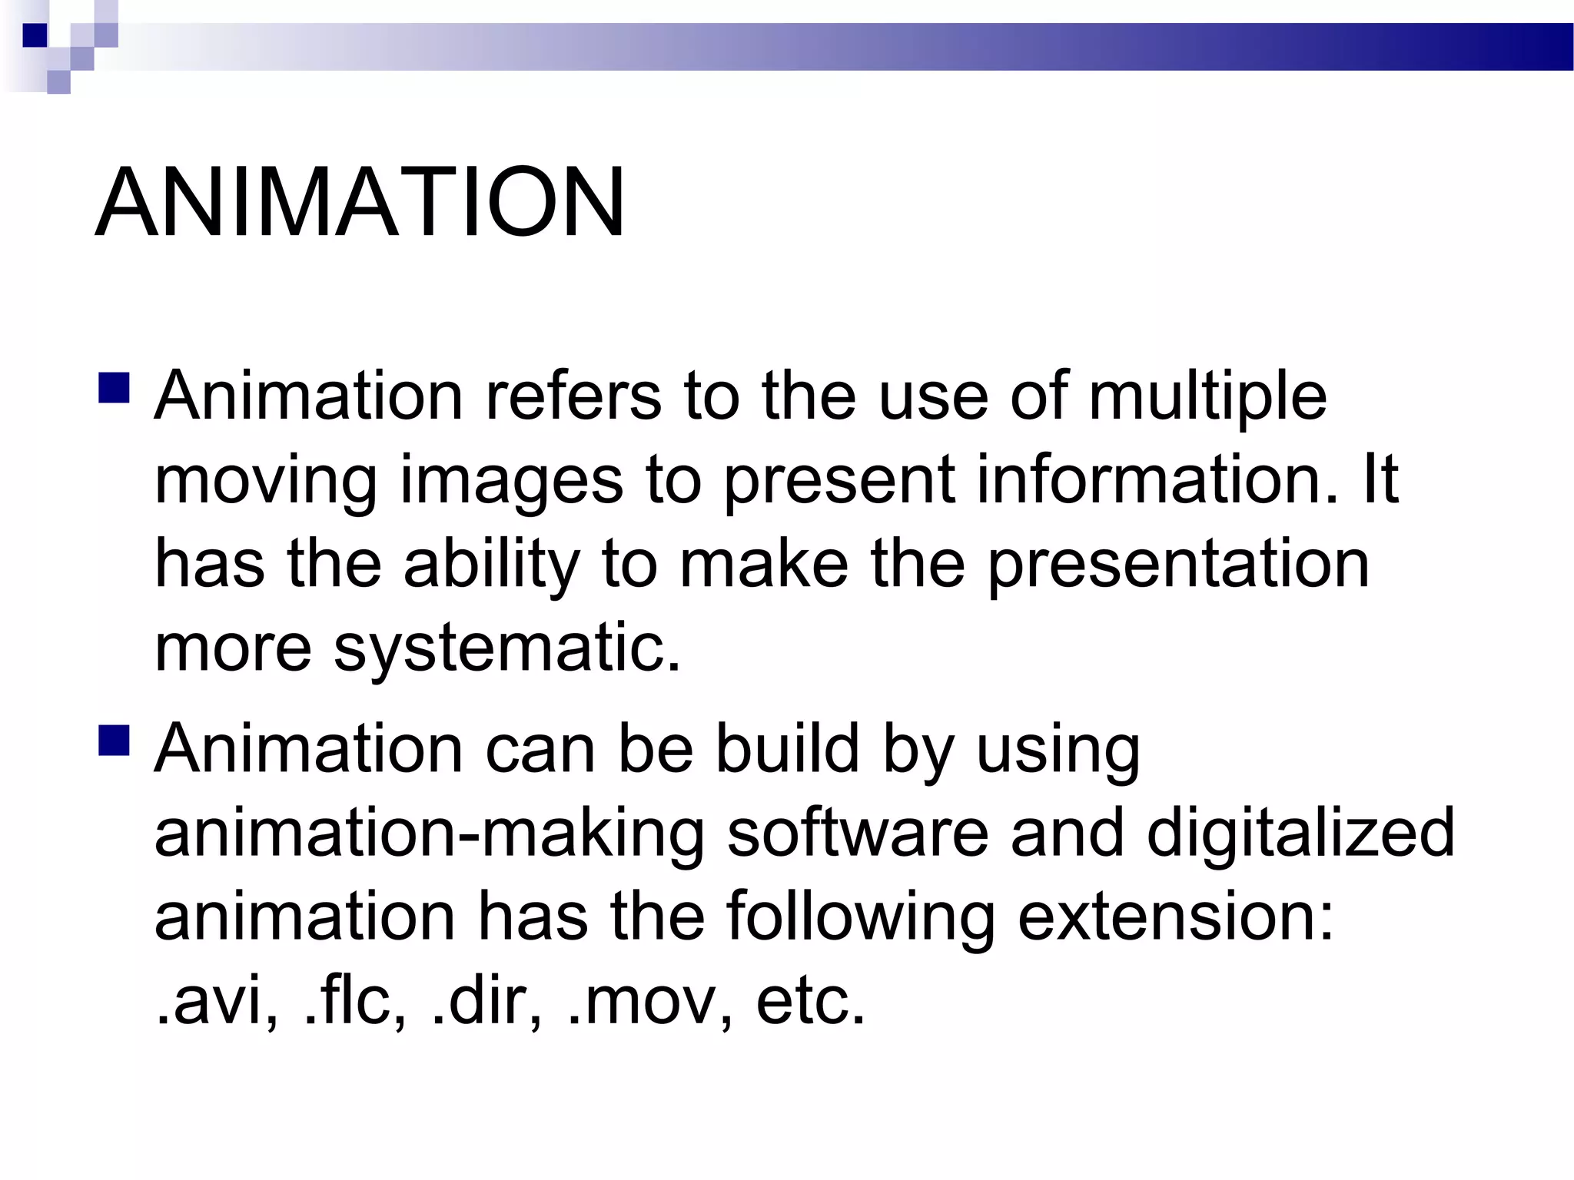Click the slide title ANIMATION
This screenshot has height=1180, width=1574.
pos(360,204)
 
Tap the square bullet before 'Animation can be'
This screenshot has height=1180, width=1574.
pos(114,741)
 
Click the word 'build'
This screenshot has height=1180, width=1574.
pos(788,749)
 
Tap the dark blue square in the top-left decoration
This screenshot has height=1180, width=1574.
pos(35,35)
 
